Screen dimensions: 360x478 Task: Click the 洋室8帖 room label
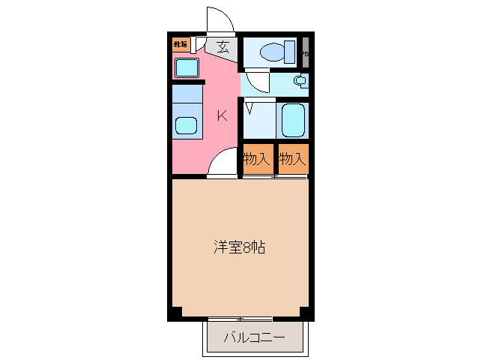coord(238,247)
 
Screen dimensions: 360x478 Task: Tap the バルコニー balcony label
coord(255,338)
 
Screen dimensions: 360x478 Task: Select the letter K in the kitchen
coord(223,115)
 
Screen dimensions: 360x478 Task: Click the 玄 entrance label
coord(223,47)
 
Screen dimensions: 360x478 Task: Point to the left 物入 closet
coord(255,159)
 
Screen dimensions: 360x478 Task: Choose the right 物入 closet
coord(292,159)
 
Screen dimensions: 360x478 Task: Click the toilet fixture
coord(270,52)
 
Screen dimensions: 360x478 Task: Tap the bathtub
coord(292,119)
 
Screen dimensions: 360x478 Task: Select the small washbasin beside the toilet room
coord(300,81)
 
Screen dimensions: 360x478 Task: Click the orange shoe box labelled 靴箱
coord(181,44)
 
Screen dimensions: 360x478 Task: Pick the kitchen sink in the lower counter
coord(187,125)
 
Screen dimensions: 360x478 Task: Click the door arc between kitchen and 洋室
coord(223,162)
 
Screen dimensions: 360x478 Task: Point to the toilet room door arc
coord(255,79)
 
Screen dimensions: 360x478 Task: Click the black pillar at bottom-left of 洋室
coord(175,312)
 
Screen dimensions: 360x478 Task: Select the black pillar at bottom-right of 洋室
coord(304,312)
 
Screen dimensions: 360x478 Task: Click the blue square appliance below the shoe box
coord(187,68)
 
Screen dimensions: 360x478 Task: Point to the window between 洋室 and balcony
coord(240,318)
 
